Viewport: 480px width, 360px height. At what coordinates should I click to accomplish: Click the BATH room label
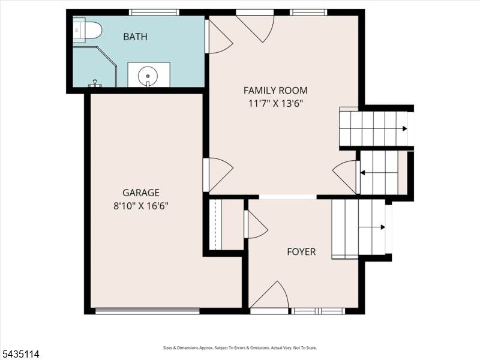pyautogui.click(x=136, y=37)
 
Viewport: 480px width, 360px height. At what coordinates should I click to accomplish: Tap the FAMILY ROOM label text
pyautogui.click(x=275, y=91)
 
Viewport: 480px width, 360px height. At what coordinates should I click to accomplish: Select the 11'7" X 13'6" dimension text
pyautogui.click(x=275, y=103)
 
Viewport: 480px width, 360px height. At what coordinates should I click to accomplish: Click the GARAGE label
pyautogui.click(x=141, y=193)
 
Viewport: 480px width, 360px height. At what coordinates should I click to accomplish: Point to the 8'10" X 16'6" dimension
pyautogui.click(x=141, y=206)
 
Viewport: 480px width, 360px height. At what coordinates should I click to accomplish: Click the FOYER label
pyautogui.click(x=301, y=251)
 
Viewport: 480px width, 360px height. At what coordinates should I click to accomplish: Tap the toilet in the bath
pyautogui.click(x=87, y=30)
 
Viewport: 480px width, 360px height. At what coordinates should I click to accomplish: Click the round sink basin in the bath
pyautogui.click(x=148, y=76)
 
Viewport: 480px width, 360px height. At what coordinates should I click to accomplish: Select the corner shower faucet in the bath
pyautogui.click(x=95, y=83)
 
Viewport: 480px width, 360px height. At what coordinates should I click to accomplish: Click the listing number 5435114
pyautogui.click(x=20, y=354)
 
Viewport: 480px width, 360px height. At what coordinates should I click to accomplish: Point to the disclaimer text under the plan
pyautogui.click(x=239, y=348)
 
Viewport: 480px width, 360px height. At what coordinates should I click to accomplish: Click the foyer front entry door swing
pyautogui.click(x=269, y=295)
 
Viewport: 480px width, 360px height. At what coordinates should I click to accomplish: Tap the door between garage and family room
pyautogui.click(x=218, y=175)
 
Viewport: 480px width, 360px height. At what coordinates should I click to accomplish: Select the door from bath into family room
pyautogui.click(x=219, y=37)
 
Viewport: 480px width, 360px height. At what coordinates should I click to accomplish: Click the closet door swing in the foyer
pyautogui.click(x=256, y=224)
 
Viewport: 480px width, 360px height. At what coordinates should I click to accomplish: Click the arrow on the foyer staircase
pyautogui.click(x=371, y=227)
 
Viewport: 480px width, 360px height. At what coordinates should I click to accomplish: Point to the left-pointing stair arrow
pyautogui.click(x=379, y=173)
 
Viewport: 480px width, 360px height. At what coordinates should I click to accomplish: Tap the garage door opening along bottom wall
pyautogui.click(x=148, y=311)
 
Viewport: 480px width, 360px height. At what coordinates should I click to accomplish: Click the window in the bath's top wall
pyautogui.click(x=154, y=12)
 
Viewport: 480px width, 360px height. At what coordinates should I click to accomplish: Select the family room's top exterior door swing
pyautogui.click(x=255, y=27)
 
